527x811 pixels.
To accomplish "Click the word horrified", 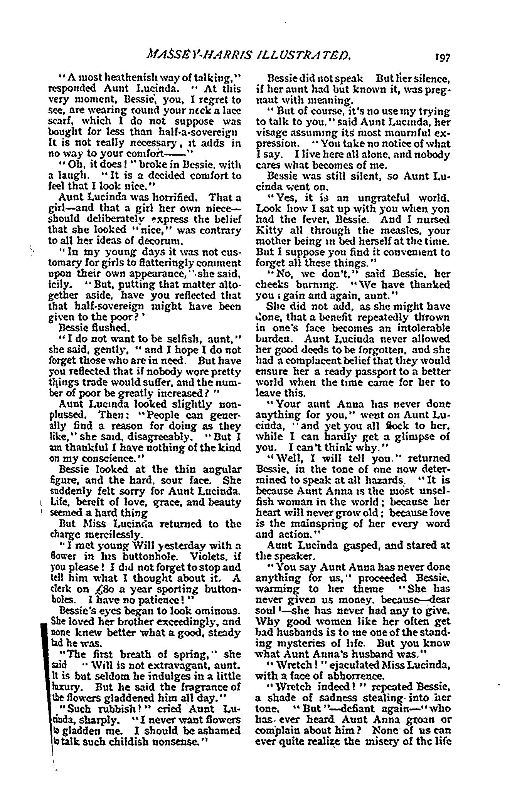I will click(x=170, y=198).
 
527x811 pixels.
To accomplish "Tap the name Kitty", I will click(x=269, y=231).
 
